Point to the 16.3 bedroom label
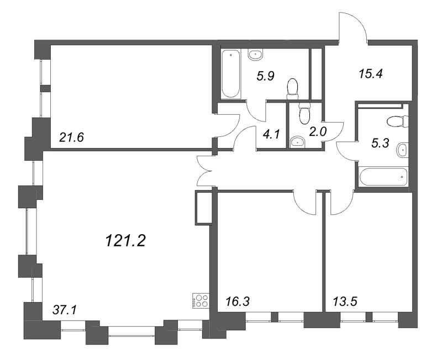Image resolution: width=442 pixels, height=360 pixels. pyautogui.click(x=239, y=302)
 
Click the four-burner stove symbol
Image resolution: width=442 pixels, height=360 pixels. pyautogui.click(x=199, y=300)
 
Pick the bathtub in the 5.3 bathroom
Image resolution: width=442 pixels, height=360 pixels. pyautogui.click(x=382, y=178)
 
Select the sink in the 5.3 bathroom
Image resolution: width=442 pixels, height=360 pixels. pyautogui.click(x=403, y=149)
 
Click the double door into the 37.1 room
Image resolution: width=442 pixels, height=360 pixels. pyautogui.click(x=205, y=171)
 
